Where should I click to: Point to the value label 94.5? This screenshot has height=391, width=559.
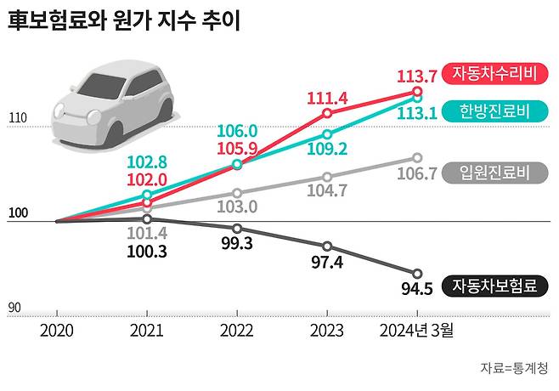coord(417,289)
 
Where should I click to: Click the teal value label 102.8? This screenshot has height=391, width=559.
coord(147,163)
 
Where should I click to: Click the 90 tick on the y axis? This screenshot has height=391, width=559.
coord(14,307)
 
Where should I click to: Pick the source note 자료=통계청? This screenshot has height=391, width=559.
coord(513,368)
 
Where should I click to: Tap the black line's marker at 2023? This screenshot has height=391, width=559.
coord(327,246)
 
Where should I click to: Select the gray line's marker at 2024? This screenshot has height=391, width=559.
coord(417,157)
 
